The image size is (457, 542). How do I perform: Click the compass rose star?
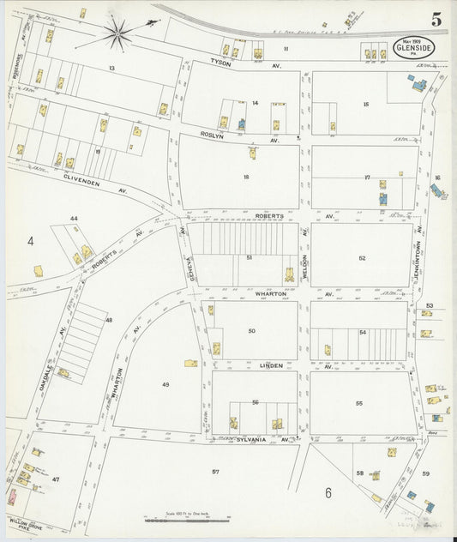pyautogui.click(x=118, y=35)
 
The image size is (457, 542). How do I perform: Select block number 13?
pyautogui.click(x=111, y=67)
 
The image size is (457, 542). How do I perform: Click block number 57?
pyautogui.click(x=215, y=472)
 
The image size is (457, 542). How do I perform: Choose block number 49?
pyautogui.click(x=165, y=385)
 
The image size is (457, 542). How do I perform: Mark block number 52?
pyautogui.click(x=362, y=257)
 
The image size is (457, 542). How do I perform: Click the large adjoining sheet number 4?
pyautogui.click(x=29, y=241)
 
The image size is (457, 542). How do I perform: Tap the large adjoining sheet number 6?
pyautogui.click(x=328, y=492)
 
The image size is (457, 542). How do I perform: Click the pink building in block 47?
pyautogui.click(x=12, y=497)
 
